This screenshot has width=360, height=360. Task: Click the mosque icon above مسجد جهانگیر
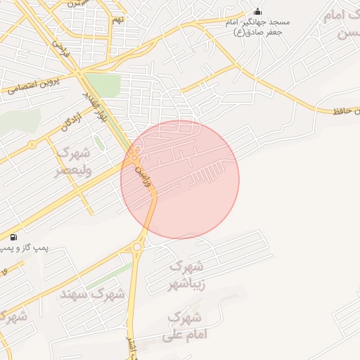257,12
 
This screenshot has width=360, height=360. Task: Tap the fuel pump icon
15,236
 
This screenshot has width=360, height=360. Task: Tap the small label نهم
117,20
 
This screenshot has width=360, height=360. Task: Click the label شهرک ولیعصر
72,162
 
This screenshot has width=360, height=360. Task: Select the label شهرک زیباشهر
187,276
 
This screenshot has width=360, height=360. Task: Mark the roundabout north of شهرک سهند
137,247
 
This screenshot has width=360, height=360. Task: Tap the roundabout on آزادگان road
32,145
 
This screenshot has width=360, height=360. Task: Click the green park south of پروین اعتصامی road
103,85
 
